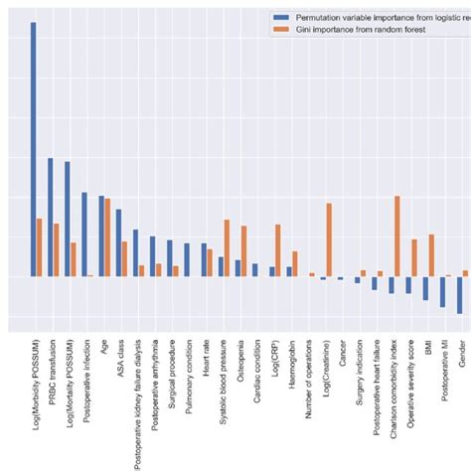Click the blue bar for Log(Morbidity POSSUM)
[33, 149]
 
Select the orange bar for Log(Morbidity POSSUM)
[39, 247]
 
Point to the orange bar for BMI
[431, 255]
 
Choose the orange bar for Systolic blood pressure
[227, 247]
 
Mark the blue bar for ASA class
[118, 242]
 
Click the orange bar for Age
[107, 237]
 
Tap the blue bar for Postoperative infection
[84, 235]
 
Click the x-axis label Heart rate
[205, 360]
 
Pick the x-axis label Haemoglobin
[290, 365]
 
